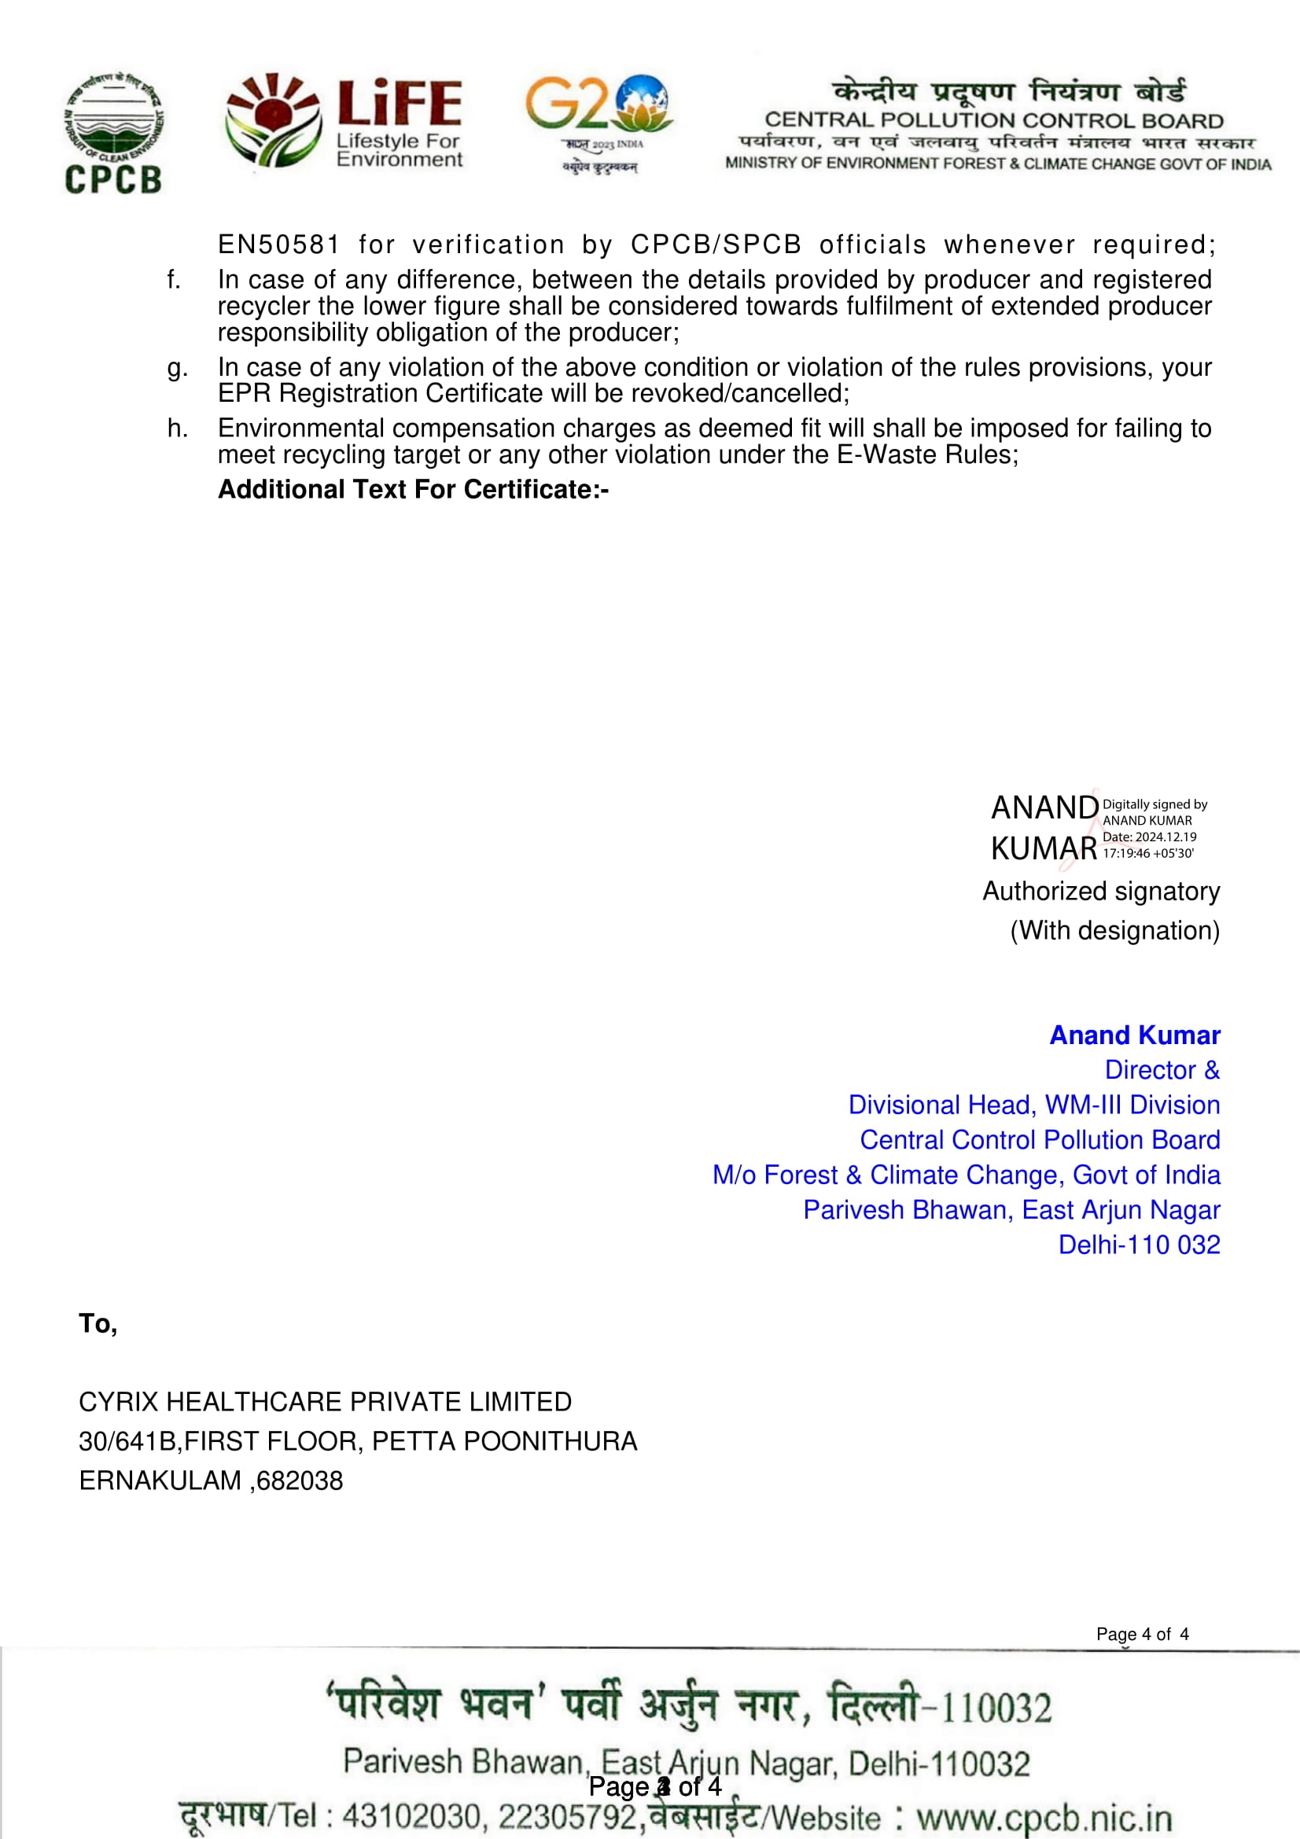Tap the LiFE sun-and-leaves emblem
(x=272, y=120)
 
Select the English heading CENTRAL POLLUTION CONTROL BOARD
(x=994, y=120)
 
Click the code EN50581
(x=278, y=245)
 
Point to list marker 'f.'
(x=174, y=280)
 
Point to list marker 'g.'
(x=177, y=368)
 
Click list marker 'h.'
(x=177, y=428)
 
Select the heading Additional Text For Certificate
(x=414, y=489)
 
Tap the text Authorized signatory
(x=1101, y=891)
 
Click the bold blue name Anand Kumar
(x=1134, y=1035)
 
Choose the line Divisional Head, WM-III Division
(x=1034, y=1105)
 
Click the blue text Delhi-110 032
(x=1139, y=1244)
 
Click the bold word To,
(x=98, y=1323)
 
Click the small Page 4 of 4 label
(x=1142, y=1634)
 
